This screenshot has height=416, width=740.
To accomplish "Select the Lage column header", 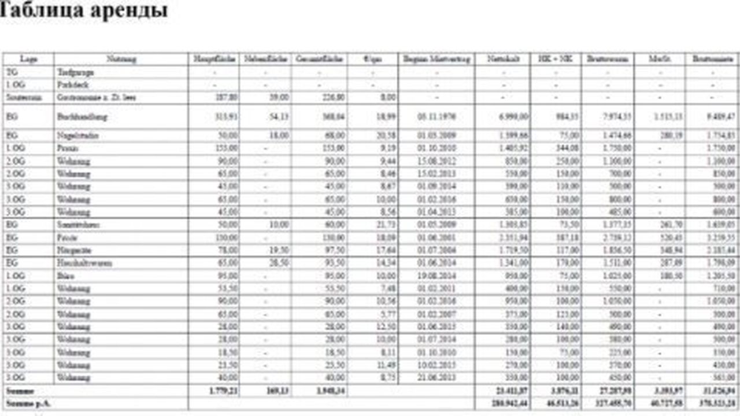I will pos(28,59).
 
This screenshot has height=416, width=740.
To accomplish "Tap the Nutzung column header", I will pos(121,59).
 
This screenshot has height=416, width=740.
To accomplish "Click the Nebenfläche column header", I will pos(266,59).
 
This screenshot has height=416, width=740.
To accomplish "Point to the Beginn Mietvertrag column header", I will pos(436,59).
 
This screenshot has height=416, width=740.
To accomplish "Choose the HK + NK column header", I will pos(555,59).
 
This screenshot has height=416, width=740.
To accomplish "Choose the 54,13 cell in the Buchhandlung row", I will pos(278,117).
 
